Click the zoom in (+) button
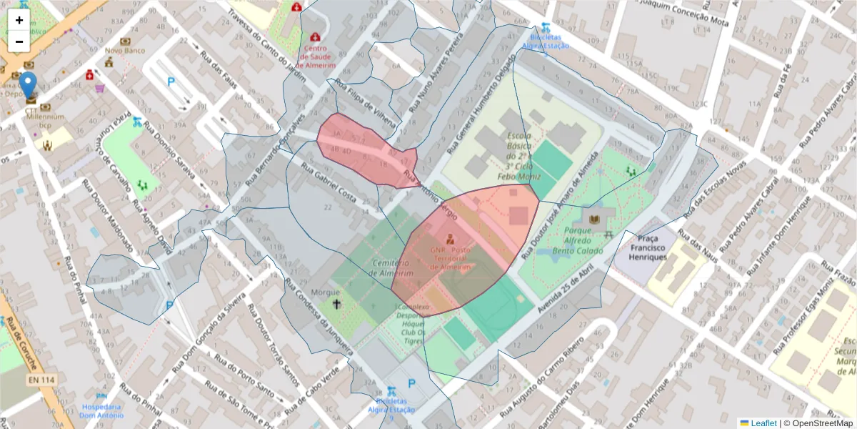point(19,20)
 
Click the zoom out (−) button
point(19,41)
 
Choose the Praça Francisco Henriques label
point(648,247)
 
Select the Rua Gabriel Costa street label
point(329,182)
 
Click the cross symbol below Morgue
point(336,305)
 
